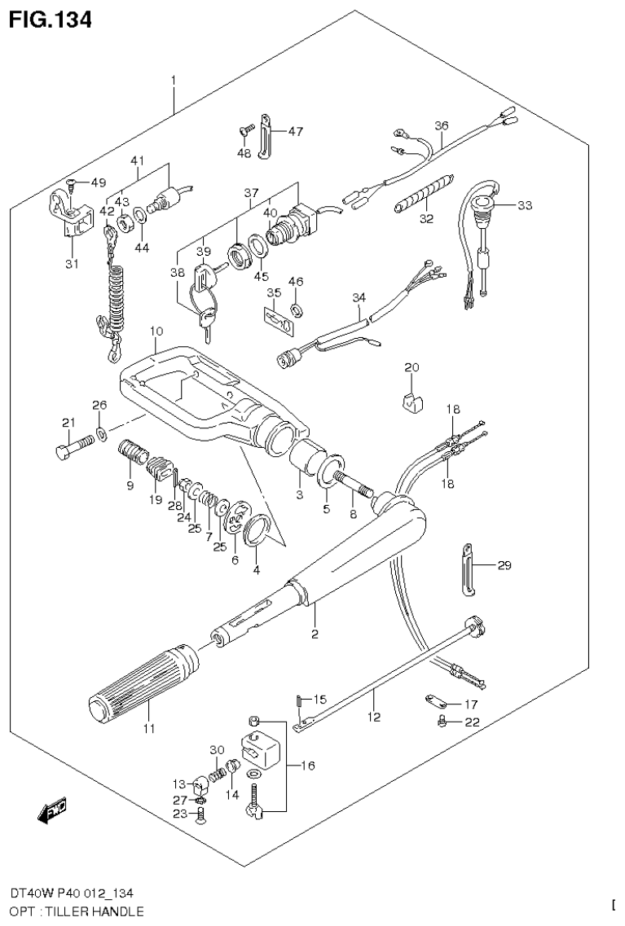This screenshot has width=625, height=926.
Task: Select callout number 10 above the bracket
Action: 156,331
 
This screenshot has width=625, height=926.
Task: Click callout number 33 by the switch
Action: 524,205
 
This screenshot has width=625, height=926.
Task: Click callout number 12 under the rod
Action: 373,718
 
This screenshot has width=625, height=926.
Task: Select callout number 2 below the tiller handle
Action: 314,634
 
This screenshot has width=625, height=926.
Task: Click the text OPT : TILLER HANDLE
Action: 74,911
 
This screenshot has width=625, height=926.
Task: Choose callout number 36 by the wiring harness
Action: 441,125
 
